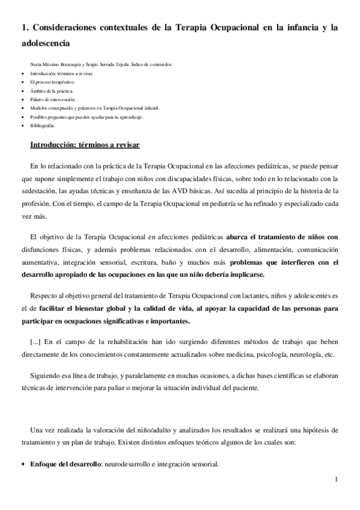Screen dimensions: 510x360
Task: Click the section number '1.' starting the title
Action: (25, 27)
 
